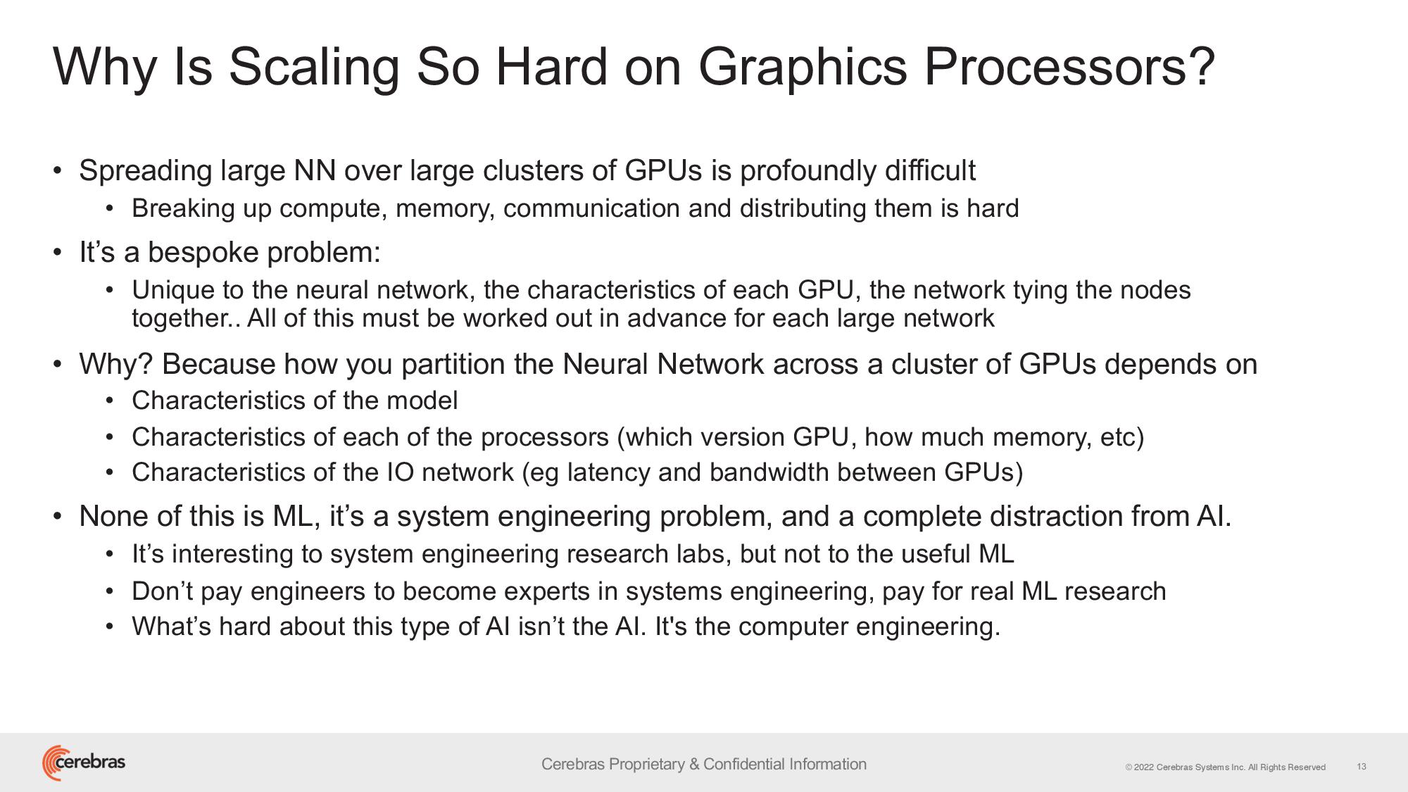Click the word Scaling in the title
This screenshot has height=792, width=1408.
click(x=314, y=68)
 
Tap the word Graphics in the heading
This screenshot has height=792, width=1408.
click(x=803, y=68)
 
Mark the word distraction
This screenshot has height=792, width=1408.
click(x=1056, y=517)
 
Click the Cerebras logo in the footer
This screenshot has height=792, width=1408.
click(x=84, y=762)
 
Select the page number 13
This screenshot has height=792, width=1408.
click(x=1362, y=767)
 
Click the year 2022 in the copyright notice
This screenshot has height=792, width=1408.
click(x=1144, y=767)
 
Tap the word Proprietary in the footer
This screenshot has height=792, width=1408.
click(x=648, y=765)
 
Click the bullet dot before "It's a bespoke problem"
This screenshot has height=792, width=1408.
click(x=58, y=253)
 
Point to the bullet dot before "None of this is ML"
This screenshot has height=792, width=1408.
click(x=58, y=517)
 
